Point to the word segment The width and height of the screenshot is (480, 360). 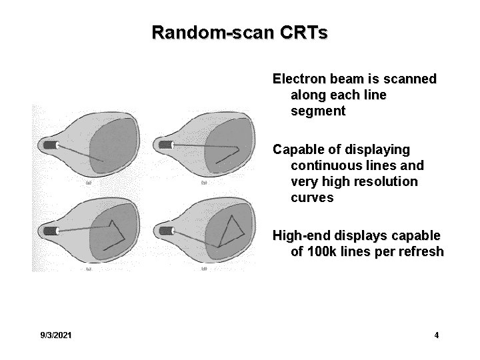coord(318,111)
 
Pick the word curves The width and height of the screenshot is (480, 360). coord(311,197)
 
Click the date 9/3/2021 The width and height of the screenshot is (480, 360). coord(57,335)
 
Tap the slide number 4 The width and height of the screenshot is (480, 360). coord(437,335)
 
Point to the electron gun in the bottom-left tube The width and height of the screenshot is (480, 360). coord(51,231)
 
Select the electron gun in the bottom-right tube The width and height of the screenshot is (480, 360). coord(162,231)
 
